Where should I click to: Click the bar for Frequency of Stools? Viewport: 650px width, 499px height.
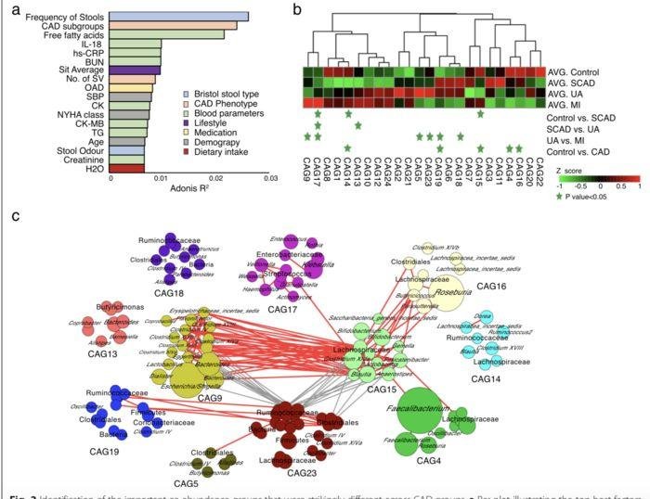pos(176,17)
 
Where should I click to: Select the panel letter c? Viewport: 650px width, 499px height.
pos(15,216)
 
